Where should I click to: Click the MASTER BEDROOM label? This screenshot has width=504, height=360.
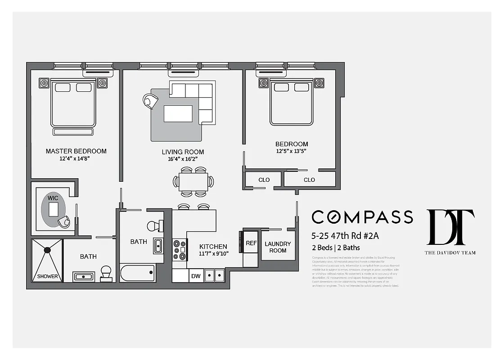point(76,151)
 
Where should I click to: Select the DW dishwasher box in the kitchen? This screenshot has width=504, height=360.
point(195,276)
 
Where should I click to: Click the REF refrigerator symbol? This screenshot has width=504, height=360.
point(251,243)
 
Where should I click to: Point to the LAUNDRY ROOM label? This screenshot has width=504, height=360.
point(278,247)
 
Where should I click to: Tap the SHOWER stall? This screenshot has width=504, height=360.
point(47,261)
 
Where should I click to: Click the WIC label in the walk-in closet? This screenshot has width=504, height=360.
point(53,198)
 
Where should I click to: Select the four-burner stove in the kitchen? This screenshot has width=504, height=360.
point(180,249)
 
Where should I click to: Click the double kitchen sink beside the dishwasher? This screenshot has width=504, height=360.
point(214,275)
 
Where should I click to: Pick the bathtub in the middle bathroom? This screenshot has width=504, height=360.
point(137,273)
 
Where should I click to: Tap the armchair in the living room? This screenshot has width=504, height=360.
point(150,101)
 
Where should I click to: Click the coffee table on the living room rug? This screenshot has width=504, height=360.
point(178,113)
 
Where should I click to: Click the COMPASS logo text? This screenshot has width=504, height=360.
point(362,217)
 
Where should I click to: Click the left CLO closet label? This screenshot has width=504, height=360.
point(264,180)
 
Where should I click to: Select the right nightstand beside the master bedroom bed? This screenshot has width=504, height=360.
point(102,83)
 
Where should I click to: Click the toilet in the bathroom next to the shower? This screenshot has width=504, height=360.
point(106,273)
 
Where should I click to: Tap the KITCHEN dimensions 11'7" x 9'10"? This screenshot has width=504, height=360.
point(214,253)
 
